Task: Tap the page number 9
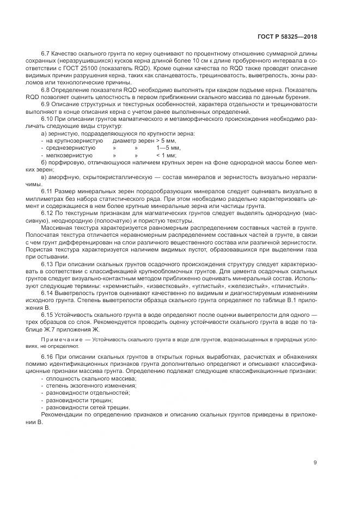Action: click(315, 464)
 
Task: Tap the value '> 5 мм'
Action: click(166, 141)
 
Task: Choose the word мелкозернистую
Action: click(70, 155)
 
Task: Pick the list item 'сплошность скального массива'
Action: click(88, 378)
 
